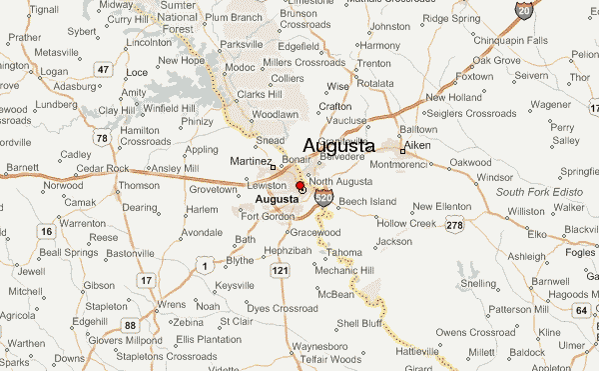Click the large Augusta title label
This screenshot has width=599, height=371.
pos(338,146)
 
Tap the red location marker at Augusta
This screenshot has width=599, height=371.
pos(300,186)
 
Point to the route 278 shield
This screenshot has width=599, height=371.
pos(455,226)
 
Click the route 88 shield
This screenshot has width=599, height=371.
pos(130,325)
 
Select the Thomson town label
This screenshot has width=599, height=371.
pos(139,185)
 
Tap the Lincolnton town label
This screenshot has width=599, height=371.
pos(150,43)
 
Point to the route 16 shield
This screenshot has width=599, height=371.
pos(46,231)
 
